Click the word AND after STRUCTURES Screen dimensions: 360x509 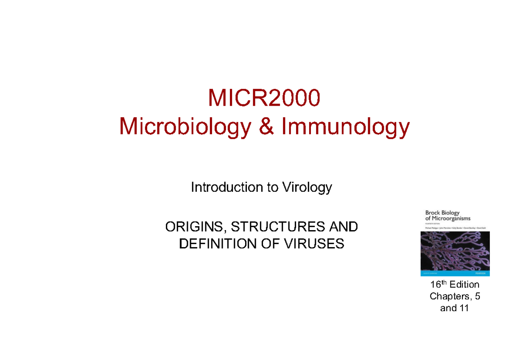[x=343, y=228]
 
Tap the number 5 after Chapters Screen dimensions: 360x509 [x=477, y=296]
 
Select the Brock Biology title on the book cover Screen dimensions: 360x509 [x=443, y=215]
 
